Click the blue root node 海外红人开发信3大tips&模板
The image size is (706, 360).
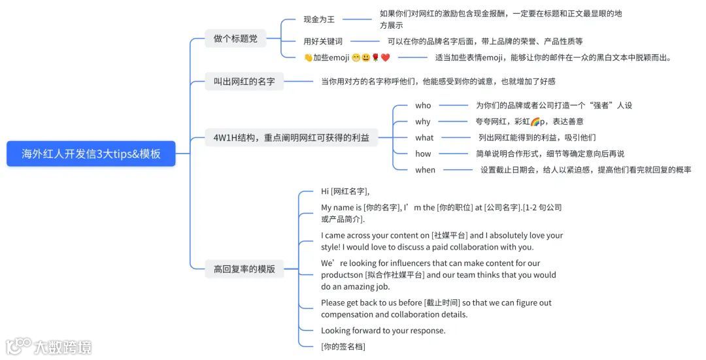(91, 154)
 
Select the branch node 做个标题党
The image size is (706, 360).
(235, 39)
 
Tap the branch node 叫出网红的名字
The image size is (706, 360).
(244, 82)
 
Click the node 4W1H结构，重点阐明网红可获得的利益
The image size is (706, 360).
(291, 137)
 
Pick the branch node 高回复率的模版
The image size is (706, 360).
(244, 269)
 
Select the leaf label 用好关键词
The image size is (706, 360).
(323, 41)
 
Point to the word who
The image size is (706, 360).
(423, 105)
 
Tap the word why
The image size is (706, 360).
(423, 122)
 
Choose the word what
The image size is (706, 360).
(424, 138)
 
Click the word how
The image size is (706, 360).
(423, 154)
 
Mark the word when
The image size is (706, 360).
(425, 170)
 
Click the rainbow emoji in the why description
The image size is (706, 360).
(535, 122)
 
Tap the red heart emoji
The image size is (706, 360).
(386, 57)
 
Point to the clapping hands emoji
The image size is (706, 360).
(308, 57)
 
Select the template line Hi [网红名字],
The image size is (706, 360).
(345, 191)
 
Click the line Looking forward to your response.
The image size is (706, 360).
(383, 331)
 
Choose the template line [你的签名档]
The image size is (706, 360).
(343, 346)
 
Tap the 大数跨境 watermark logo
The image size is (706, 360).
(49, 346)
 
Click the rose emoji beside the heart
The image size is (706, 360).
(376, 57)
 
